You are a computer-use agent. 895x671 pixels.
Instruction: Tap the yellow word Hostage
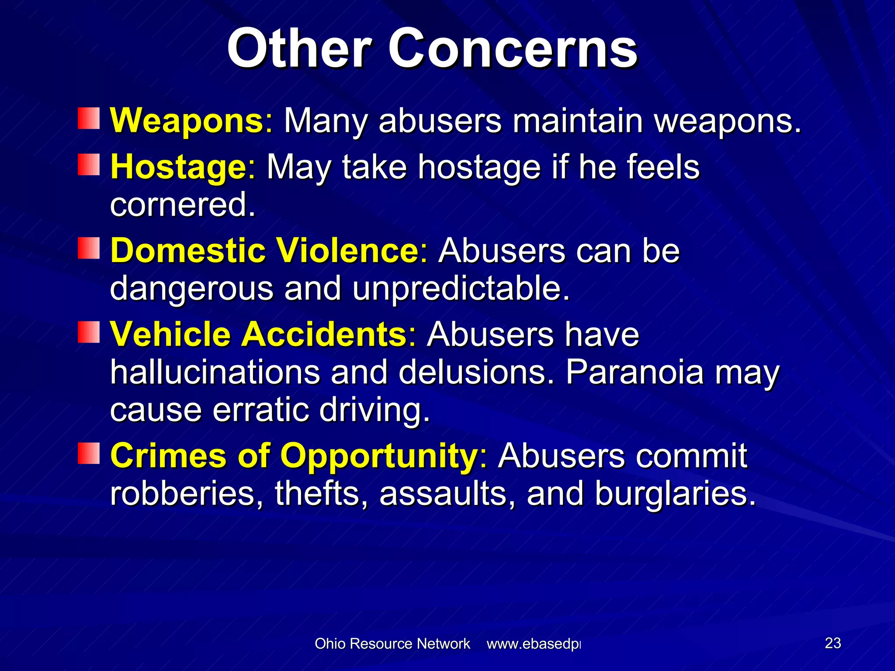179,167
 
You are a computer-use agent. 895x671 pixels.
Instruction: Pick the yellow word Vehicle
170,334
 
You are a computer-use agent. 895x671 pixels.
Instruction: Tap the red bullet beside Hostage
89,165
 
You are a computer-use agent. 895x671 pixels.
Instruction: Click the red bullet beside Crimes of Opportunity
89,453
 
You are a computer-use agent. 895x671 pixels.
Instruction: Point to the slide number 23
833,643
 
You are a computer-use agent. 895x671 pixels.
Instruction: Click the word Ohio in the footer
330,643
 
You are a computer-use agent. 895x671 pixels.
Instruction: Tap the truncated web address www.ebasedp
534,644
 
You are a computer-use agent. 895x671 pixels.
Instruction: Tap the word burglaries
675,494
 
